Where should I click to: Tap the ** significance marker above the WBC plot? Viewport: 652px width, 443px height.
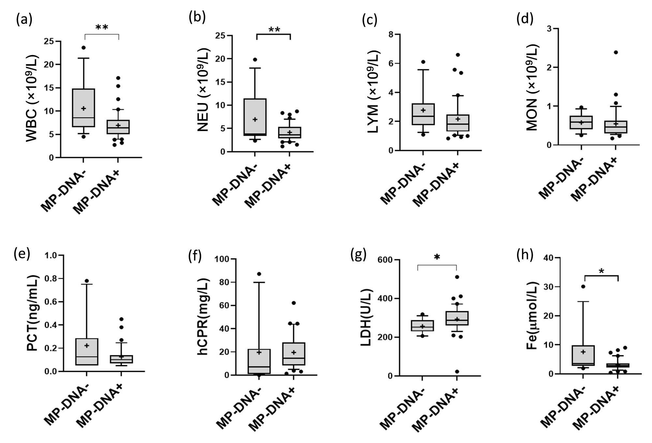(102, 28)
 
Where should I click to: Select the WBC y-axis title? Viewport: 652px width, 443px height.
(32, 99)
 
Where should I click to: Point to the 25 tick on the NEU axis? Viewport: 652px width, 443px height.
(220, 36)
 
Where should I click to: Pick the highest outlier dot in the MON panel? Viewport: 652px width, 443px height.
(616, 52)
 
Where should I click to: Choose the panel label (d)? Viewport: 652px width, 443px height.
(525, 19)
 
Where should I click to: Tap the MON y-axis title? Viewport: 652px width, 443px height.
(532, 87)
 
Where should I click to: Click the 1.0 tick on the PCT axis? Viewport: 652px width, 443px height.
(51, 255)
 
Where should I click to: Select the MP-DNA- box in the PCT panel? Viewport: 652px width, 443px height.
(87, 352)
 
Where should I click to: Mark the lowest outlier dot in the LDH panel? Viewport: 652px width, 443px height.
(457, 372)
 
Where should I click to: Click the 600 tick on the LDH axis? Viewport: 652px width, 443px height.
(385, 260)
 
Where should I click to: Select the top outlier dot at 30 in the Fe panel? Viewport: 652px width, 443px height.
(583, 286)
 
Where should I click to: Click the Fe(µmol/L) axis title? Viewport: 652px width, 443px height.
(532, 316)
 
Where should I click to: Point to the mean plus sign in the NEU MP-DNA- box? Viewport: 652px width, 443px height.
(255, 119)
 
